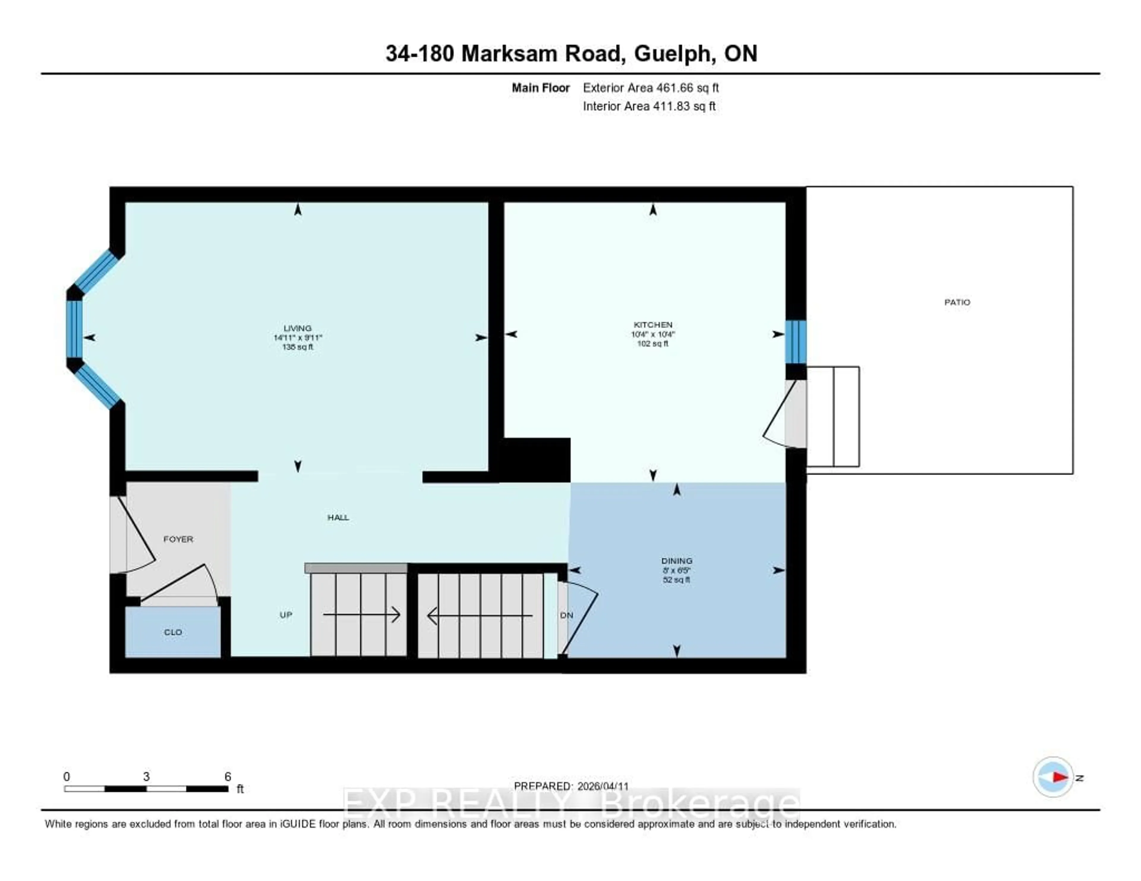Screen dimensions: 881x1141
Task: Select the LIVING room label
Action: tap(297, 328)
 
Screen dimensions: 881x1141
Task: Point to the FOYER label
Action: tap(178, 539)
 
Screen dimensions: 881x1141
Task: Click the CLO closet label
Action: tap(173, 632)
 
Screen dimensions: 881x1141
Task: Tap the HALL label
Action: tap(338, 517)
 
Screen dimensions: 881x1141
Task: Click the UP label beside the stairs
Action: tap(286, 615)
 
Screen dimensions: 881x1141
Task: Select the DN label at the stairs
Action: tap(566, 615)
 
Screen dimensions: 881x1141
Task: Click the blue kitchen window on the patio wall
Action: tap(796, 342)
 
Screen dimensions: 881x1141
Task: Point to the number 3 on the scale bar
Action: tap(146, 776)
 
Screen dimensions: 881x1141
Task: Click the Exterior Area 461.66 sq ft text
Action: tap(650, 88)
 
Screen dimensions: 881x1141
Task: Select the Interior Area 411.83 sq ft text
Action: tap(649, 106)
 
